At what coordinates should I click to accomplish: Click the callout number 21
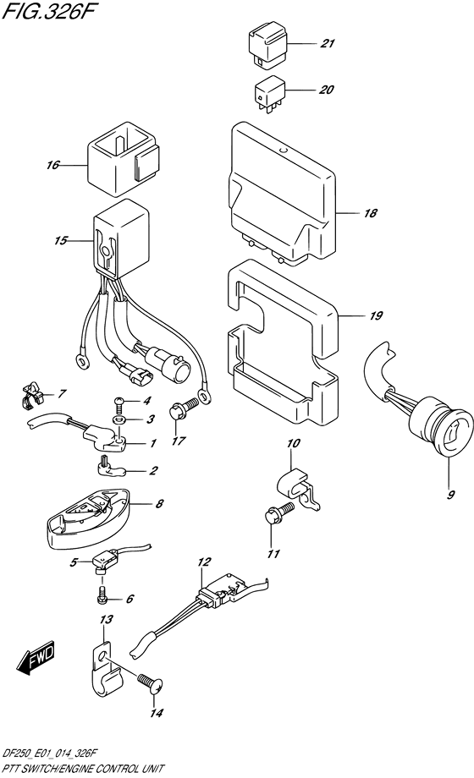(x=327, y=44)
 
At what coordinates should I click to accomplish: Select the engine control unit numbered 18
(x=282, y=194)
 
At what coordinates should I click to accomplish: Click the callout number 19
(x=376, y=315)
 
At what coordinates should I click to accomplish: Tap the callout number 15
(x=61, y=241)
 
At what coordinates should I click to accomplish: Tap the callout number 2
(x=153, y=470)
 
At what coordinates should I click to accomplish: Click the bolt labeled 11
(x=279, y=513)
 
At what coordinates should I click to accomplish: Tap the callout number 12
(x=204, y=562)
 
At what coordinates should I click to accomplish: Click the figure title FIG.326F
(x=47, y=11)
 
